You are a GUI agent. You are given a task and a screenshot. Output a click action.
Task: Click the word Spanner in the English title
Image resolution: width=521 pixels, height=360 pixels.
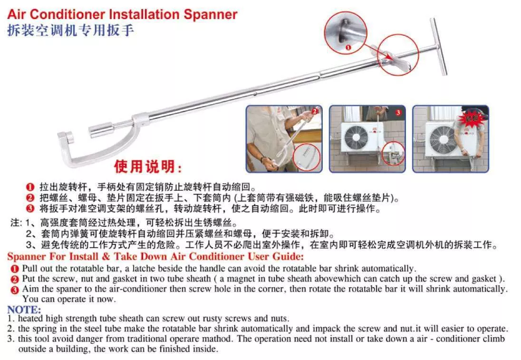(207, 14)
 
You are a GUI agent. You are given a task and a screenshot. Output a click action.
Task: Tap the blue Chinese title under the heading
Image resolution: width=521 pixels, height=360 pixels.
(71, 31)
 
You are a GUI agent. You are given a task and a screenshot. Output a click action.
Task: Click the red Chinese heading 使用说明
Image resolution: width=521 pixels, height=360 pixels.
(148, 167)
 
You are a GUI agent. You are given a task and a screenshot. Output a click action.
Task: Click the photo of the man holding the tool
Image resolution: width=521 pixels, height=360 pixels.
(284, 139)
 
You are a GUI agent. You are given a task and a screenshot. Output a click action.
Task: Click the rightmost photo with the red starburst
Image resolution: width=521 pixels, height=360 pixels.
(450, 139)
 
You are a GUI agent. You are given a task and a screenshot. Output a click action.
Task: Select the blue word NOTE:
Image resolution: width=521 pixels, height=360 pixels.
(24, 310)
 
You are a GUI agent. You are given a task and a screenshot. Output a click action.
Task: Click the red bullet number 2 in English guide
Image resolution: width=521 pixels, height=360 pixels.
(15, 279)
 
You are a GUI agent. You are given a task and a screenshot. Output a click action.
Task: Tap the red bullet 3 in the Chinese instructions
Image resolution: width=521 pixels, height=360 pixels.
(29, 208)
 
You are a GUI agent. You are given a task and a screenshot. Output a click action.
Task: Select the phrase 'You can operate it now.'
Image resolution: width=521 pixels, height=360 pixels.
(69, 299)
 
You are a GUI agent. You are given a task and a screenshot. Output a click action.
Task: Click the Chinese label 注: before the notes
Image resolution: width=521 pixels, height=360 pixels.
(16, 222)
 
